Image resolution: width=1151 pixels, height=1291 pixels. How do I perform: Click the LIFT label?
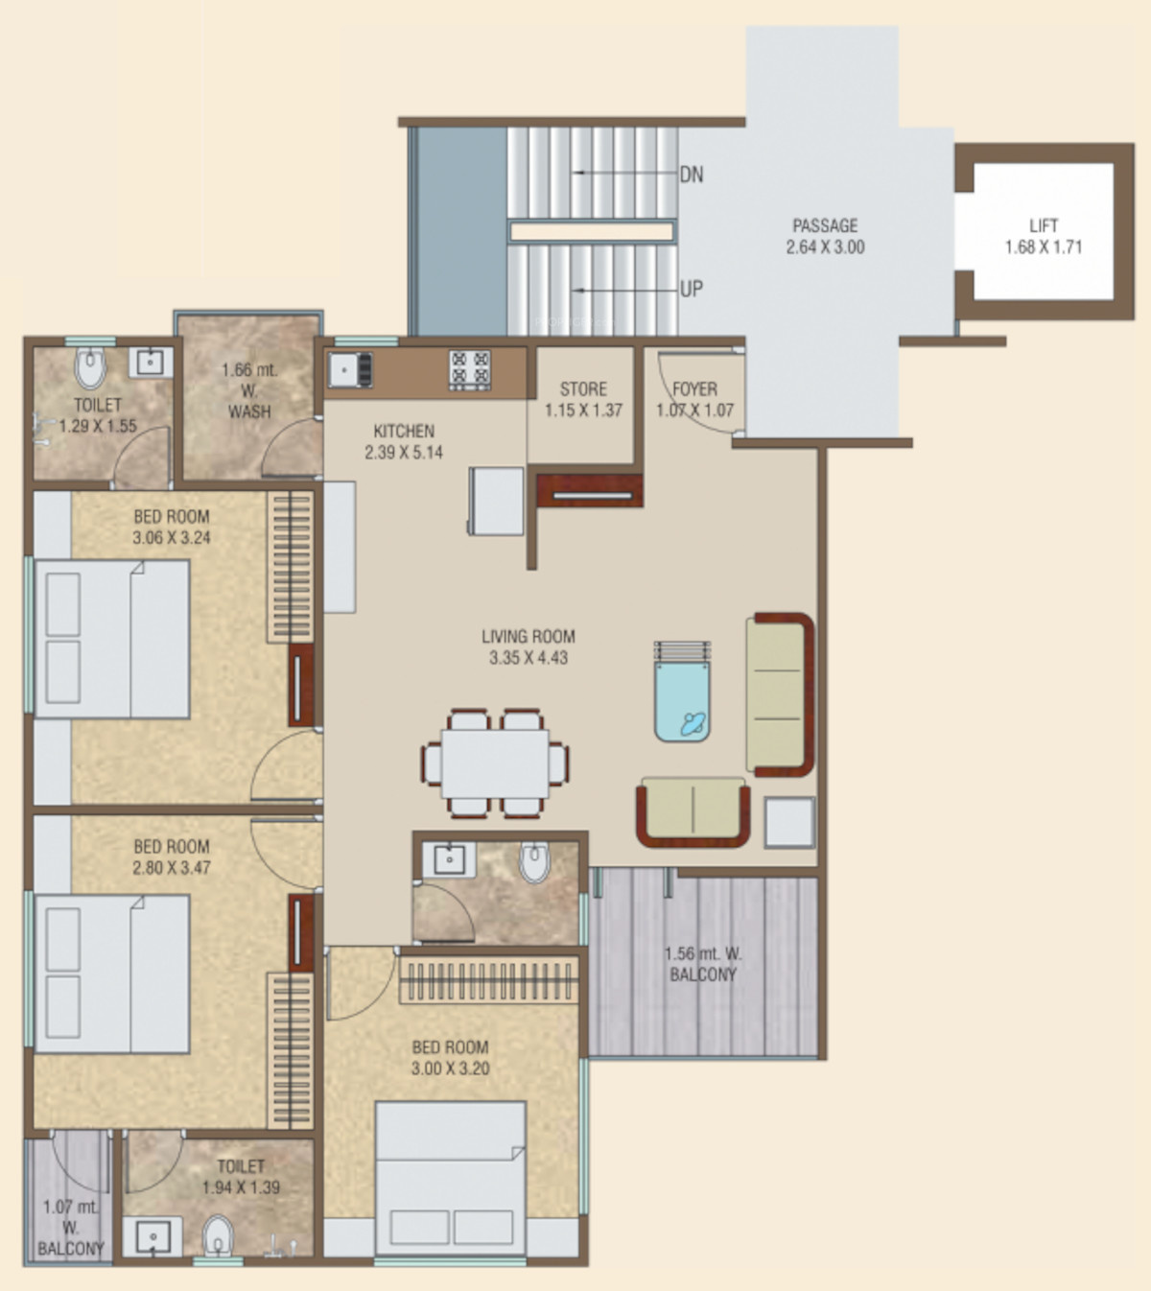pos(1044,225)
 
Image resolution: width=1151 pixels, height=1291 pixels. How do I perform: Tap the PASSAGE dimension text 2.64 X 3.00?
pos(825,247)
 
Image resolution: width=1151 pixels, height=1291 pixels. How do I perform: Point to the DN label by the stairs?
pos(692,175)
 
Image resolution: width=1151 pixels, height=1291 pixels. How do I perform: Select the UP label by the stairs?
pos(692,289)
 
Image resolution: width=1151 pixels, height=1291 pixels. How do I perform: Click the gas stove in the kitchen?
pos(469,368)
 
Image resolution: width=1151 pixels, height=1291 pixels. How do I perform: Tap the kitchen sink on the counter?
pos(349,369)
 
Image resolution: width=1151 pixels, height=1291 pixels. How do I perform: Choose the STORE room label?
pos(583,389)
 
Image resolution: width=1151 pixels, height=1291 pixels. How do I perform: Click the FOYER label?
pos(694,389)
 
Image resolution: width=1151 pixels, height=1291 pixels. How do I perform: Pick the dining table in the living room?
pos(495,763)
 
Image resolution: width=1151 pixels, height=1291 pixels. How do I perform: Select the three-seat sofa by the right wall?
pos(780,694)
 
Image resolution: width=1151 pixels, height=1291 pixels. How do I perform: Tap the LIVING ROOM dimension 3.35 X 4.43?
pos(529,658)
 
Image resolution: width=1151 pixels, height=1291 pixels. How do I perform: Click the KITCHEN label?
pos(404,432)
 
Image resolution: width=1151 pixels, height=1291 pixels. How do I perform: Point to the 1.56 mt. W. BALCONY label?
pos(703,964)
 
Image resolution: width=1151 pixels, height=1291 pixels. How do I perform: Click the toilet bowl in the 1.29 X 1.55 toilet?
pos(90,367)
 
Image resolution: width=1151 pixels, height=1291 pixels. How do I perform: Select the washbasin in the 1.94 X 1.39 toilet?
pos(153,1236)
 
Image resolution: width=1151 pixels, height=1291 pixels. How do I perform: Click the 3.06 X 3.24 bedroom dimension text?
pos(172,538)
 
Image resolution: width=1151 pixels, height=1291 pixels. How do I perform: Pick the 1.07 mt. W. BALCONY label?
pos(70,1228)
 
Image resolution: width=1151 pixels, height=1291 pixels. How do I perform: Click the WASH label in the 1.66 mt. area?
pos(249,411)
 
